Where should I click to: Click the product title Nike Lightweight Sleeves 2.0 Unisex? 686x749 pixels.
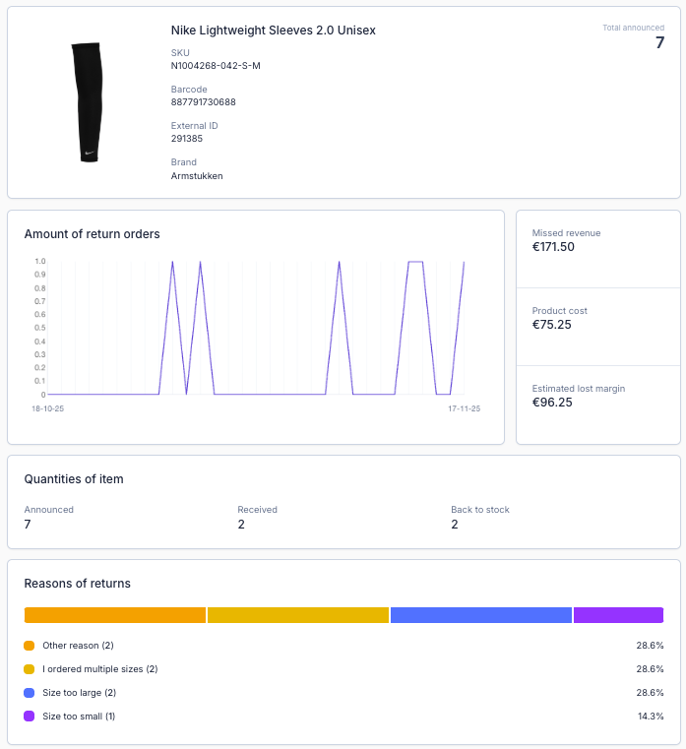point(273,31)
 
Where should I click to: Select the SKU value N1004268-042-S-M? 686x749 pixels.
point(216,66)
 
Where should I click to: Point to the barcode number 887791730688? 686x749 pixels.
point(203,102)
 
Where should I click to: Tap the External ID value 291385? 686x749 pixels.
point(187,139)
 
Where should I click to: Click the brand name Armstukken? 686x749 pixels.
point(197,176)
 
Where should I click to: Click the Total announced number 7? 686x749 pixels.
point(659,43)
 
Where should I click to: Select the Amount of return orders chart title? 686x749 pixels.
point(92,234)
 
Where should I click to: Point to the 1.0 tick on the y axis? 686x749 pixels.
point(39,262)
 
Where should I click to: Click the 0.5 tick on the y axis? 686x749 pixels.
point(39,328)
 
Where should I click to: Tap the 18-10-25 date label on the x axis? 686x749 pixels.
point(47,408)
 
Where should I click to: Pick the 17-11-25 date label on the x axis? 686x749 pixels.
point(463,408)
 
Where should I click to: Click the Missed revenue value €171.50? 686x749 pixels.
point(553,247)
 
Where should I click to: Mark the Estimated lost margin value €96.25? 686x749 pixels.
point(552,403)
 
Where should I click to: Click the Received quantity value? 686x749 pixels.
point(241,525)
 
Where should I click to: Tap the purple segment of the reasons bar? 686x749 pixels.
point(618,615)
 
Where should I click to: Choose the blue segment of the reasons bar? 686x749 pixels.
point(480,615)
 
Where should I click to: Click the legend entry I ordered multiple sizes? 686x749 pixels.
point(99,669)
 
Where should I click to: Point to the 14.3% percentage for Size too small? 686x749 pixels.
point(650,717)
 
